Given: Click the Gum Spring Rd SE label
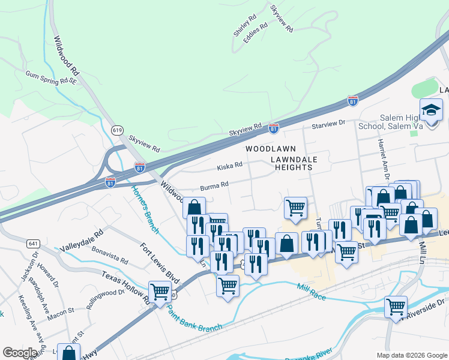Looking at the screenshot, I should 52,76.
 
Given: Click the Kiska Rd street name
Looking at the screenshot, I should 229,164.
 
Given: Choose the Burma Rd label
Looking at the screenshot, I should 215,185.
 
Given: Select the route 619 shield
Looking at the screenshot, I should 118,130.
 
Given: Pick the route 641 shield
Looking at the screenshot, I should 33,244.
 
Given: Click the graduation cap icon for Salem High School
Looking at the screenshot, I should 431,110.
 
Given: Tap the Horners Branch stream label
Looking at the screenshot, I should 144,209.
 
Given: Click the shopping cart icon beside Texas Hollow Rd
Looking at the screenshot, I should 160,292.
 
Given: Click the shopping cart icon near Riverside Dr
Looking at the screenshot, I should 396,307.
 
